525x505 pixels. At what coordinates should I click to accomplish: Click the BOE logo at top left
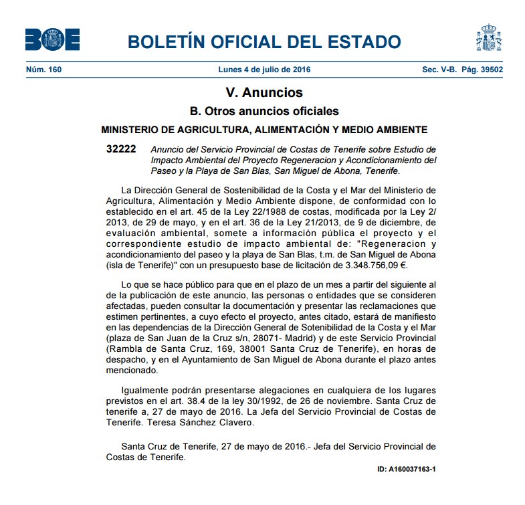(52, 39)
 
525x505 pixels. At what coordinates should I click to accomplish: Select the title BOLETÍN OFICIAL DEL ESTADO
(264, 42)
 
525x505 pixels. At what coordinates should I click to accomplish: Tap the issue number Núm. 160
(43, 70)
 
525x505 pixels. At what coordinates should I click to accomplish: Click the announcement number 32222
(120, 148)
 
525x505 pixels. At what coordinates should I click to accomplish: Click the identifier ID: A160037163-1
(406, 469)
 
